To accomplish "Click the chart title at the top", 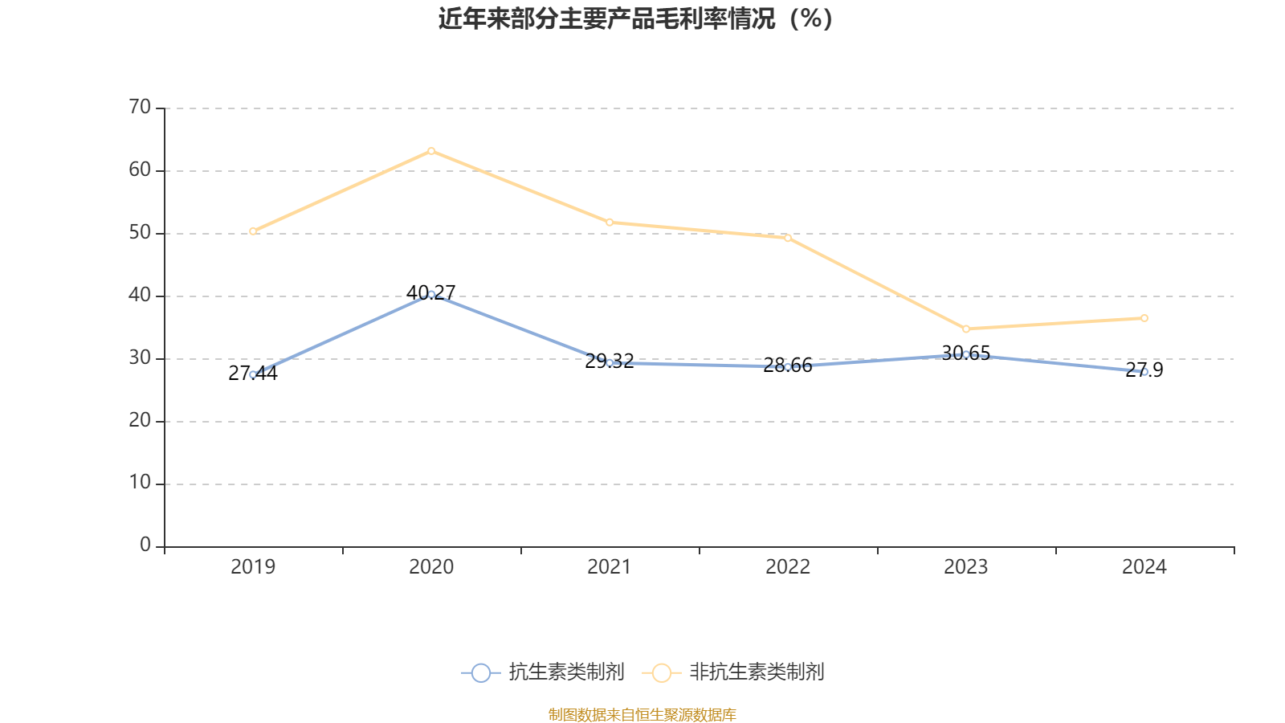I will [x=635, y=19].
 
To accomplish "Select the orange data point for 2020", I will [x=431, y=151].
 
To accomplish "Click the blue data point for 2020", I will [x=431, y=294].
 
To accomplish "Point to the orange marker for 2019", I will [x=253, y=231].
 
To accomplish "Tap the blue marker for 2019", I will [x=253, y=374].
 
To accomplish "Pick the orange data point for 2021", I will [x=610, y=223].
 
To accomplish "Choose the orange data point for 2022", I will [x=788, y=238].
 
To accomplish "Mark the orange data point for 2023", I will [x=966, y=329].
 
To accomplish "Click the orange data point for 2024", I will [x=1144, y=318].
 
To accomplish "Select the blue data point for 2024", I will [x=1144, y=372].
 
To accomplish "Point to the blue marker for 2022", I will [x=788, y=367].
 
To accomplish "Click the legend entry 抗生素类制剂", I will [x=544, y=672].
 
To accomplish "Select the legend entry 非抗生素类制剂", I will [x=734, y=672].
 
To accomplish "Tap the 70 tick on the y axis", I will [x=140, y=108].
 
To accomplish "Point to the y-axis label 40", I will [x=140, y=296].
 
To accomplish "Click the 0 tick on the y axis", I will [x=145, y=545].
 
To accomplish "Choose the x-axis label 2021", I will [x=610, y=567].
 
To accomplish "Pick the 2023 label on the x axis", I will [x=966, y=567].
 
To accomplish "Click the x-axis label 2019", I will [x=253, y=567].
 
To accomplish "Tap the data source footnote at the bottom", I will [x=642, y=714].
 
